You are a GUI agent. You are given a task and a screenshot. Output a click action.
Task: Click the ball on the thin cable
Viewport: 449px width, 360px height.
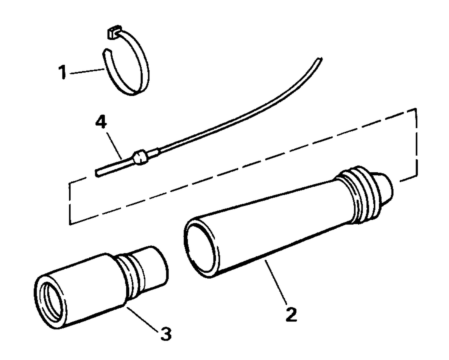click(140, 157)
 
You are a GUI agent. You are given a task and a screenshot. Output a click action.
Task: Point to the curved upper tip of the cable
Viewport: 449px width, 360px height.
click(319, 59)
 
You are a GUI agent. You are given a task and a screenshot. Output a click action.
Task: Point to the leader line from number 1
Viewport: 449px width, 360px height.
click(87, 71)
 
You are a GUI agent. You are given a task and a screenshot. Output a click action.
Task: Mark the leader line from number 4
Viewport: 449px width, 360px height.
click(114, 145)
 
